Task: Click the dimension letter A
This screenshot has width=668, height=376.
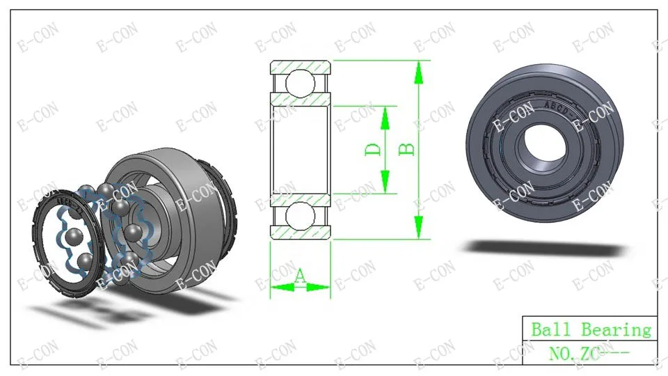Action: [x=299, y=276]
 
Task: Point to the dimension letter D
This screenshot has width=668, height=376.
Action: [x=373, y=149]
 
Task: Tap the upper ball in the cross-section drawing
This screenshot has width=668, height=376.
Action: [x=301, y=82]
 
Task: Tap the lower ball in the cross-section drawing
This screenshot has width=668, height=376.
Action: [x=301, y=216]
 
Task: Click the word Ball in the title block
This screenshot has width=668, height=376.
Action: [x=552, y=329]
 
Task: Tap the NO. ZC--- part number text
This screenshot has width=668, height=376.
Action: [x=589, y=353]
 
